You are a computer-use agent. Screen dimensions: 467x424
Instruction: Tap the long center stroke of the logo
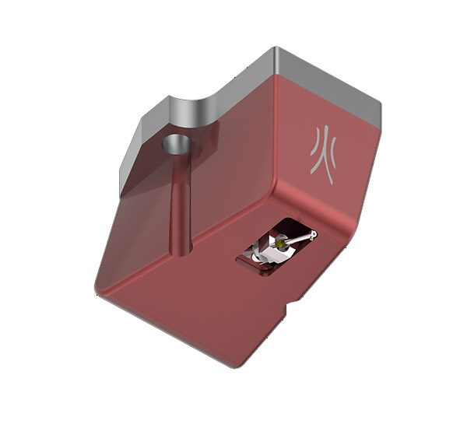[x=326, y=155]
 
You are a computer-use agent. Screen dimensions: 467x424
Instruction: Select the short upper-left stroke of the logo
[x=314, y=142]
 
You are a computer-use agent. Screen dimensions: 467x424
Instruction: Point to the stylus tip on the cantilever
[x=312, y=236]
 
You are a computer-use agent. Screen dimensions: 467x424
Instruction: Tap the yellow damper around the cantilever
[x=280, y=244]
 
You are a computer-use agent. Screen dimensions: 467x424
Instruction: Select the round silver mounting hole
[x=177, y=144]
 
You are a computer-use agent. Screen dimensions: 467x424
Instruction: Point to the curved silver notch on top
[x=194, y=112]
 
